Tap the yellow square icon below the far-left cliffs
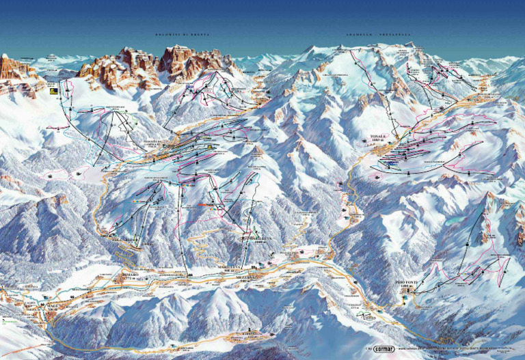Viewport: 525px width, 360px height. point(53,89)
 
